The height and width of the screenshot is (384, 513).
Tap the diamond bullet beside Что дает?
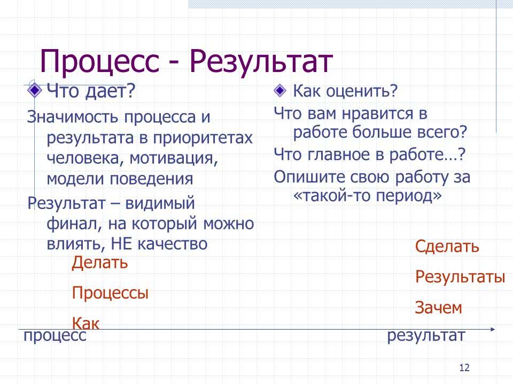[34, 91]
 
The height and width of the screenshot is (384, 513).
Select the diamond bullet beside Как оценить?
[280, 91]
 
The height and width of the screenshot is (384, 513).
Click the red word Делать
[100, 262]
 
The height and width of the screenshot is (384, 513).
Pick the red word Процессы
[110, 293]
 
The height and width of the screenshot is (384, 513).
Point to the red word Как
[85, 323]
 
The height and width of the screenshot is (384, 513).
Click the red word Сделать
[447, 246]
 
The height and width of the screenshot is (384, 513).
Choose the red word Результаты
[460, 277]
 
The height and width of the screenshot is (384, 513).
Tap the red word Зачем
[438, 308]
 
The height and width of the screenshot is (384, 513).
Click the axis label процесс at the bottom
[55, 336]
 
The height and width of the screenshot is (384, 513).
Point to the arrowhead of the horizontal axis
[493, 329]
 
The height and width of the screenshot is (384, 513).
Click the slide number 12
[464, 367]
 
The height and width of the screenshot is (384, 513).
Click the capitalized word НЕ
[121, 244]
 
